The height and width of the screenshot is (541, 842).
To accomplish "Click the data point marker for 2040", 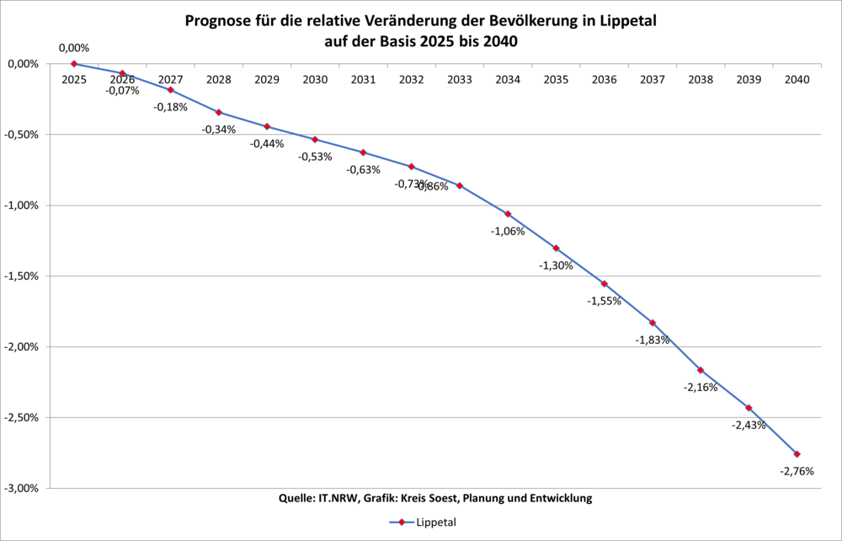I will [x=797, y=454].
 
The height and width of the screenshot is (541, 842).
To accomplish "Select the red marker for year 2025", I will [x=74, y=63].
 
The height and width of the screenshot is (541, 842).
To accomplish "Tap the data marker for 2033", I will [x=460, y=185].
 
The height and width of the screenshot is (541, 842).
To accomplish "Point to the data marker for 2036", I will [x=605, y=284].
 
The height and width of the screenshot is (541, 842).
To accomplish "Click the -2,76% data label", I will [x=797, y=472].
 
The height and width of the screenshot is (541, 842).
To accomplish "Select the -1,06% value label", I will [x=508, y=231].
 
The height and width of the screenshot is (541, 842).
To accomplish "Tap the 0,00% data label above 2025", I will [x=74, y=48].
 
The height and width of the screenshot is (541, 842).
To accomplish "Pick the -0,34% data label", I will [x=219, y=130].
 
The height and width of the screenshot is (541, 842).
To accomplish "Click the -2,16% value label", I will [x=701, y=388].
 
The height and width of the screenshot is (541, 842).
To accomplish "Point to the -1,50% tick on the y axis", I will [x=23, y=276].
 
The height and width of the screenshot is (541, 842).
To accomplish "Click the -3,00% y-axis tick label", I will [x=23, y=488].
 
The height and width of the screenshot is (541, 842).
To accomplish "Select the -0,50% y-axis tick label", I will [x=23, y=134].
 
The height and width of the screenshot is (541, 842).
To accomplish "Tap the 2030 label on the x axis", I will [x=315, y=79].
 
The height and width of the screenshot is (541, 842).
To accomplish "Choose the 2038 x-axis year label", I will [x=701, y=79].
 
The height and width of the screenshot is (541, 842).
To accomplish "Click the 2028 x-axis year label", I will [x=219, y=79].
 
